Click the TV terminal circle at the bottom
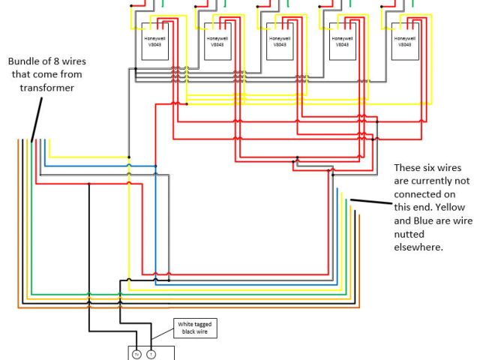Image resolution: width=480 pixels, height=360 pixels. [x=137, y=354]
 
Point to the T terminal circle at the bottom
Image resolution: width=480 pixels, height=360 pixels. [x=151, y=354]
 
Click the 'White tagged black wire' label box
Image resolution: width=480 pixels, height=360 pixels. [x=196, y=326]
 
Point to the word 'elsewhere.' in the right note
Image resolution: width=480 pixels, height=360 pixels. [x=439, y=245]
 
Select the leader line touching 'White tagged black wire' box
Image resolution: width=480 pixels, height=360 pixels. [x=163, y=338]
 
